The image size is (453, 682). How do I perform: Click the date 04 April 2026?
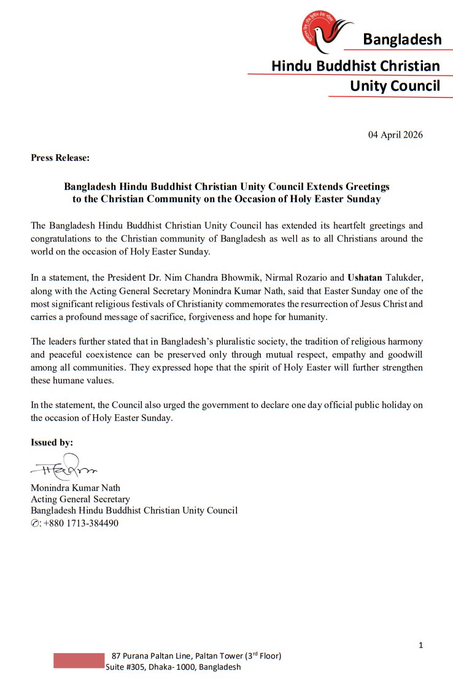click(x=395, y=135)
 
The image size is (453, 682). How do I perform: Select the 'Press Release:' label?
click(x=60, y=158)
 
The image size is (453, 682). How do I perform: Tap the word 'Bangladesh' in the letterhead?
click(x=402, y=40)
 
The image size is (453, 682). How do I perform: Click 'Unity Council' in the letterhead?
click(x=395, y=86)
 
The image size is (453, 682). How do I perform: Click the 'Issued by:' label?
click(x=52, y=442)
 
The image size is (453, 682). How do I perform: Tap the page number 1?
click(x=420, y=645)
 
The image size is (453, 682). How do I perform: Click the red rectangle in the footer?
click(x=79, y=660)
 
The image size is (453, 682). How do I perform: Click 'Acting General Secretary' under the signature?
click(x=80, y=499)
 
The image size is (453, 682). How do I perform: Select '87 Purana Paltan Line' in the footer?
click(x=150, y=656)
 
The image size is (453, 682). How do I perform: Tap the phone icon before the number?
click(x=34, y=523)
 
